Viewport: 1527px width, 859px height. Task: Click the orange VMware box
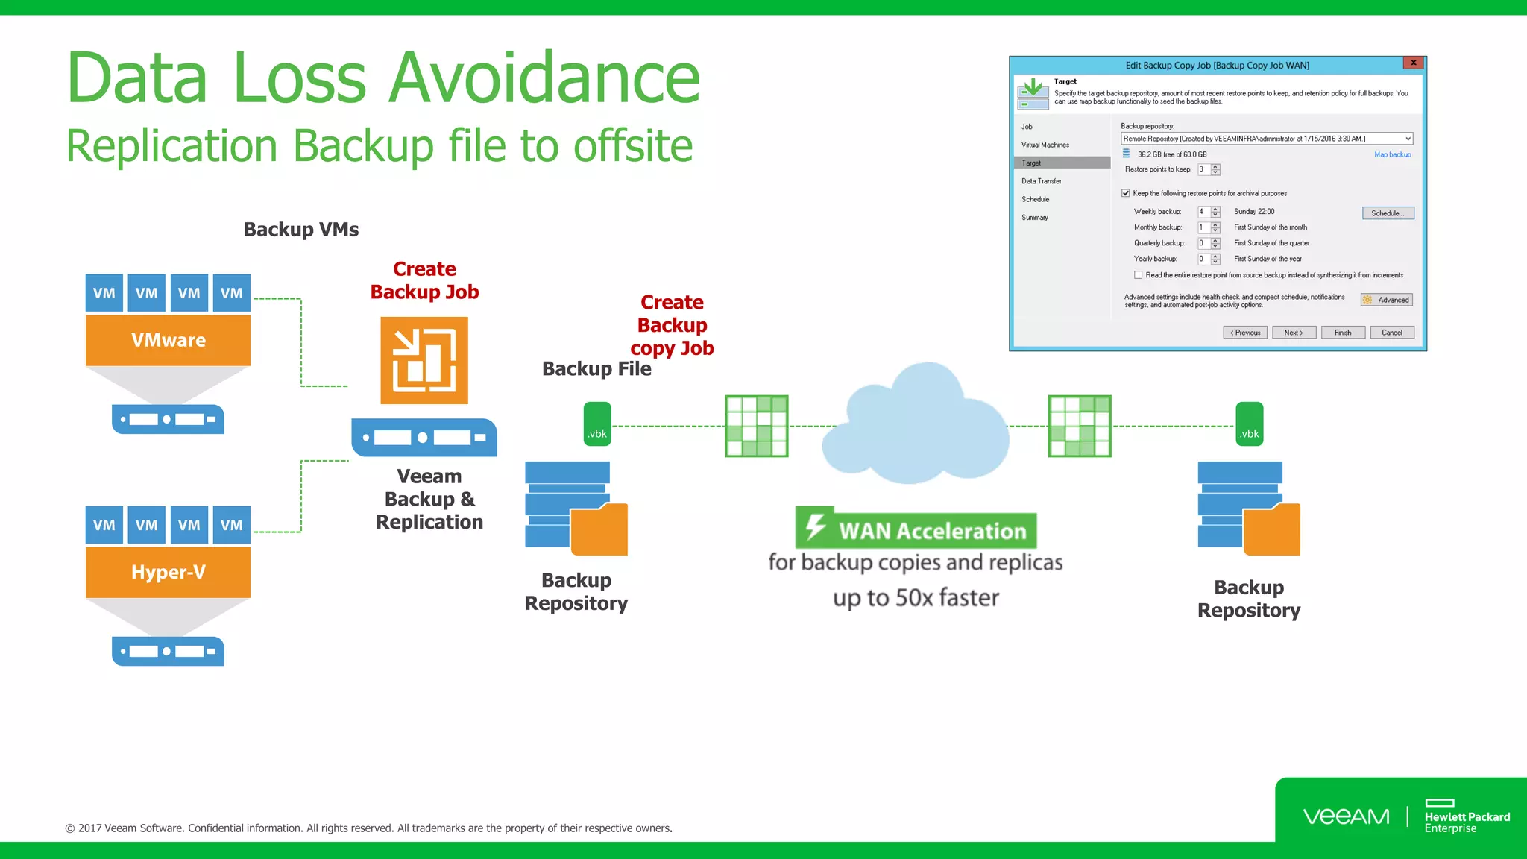tap(168, 340)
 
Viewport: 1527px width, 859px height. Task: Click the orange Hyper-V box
tap(168, 572)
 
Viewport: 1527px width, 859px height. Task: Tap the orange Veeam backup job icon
tap(424, 360)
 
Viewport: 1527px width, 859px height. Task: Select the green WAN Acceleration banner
tap(916, 530)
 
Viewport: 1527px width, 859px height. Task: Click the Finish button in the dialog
tap(1342, 333)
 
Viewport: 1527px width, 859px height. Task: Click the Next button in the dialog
tap(1294, 333)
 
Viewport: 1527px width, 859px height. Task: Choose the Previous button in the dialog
tap(1245, 333)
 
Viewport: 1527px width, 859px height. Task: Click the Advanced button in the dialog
tap(1387, 300)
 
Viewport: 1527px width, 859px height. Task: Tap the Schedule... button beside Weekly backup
tap(1388, 213)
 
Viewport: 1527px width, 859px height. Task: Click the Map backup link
tap(1392, 154)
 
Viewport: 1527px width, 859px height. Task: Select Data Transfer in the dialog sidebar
tap(1042, 181)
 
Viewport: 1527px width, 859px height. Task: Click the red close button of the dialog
tap(1413, 63)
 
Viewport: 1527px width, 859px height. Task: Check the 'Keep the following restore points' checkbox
tap(1126, 193)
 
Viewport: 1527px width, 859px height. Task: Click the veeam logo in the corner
tap(1346, 816)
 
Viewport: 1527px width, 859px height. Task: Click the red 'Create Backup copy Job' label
tap(672, 325)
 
